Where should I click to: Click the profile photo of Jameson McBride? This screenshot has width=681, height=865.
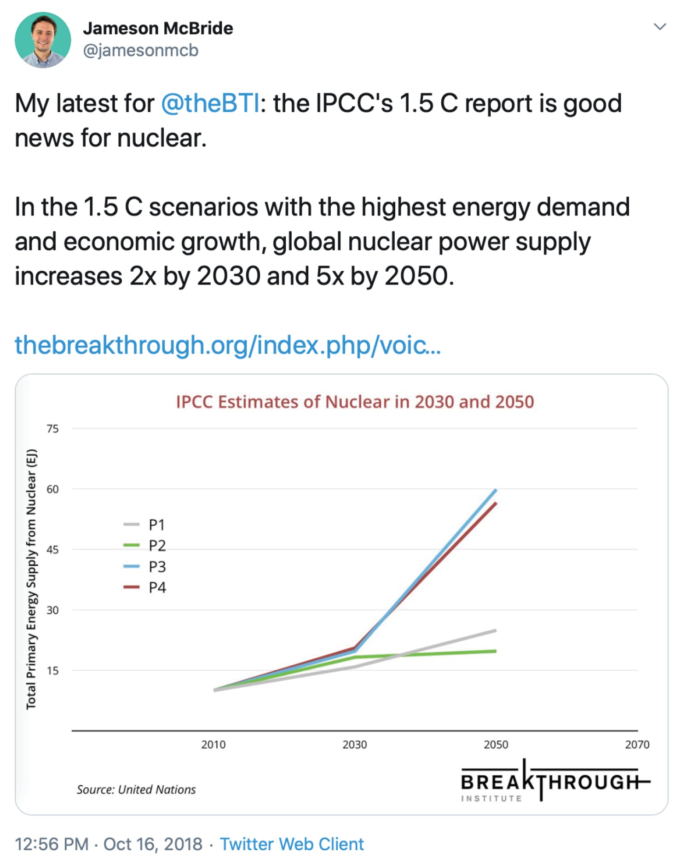pyautogui.click(x=43, y=40)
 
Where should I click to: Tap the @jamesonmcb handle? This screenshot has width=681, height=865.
pyautogui.click(x=140, y=50)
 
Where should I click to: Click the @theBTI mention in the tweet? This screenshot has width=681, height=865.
pyautogui.click(x=210, y=103)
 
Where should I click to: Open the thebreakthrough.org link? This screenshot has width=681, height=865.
pyautogui.click(x=228, y=345)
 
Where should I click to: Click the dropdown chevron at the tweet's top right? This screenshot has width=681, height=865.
pyautogui.click(x=660, y=27)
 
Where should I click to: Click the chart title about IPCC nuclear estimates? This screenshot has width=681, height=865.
pyautogui.click(x=355, y=402)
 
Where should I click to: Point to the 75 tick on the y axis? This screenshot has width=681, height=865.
pyautogui.click(x=53, y=429)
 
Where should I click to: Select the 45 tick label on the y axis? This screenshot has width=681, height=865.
pyautogui.click(x=53, y=549)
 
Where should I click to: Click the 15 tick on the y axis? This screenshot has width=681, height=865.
pyautogui.click(x=53, y=670)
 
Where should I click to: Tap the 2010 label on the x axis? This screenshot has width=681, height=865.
pyautogui.click(x=214, y=744)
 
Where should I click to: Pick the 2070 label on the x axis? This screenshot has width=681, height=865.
pyautogui.click(x=637, y=744)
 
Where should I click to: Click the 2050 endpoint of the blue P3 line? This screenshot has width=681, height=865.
pyautogui.click(x=496, y=491)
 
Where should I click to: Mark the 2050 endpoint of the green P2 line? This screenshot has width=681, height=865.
pyautogui.click(x=495, y=651)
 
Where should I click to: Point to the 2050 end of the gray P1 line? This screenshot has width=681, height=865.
pyautogui.click(x=495, y=630)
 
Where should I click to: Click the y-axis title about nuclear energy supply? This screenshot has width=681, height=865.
pyautogui.click(x=31, y=579)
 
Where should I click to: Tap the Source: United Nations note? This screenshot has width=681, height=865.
pyautogui.click(x=136, y=790)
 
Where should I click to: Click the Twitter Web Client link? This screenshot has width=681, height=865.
pyautogui.click(x=292, y=844)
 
